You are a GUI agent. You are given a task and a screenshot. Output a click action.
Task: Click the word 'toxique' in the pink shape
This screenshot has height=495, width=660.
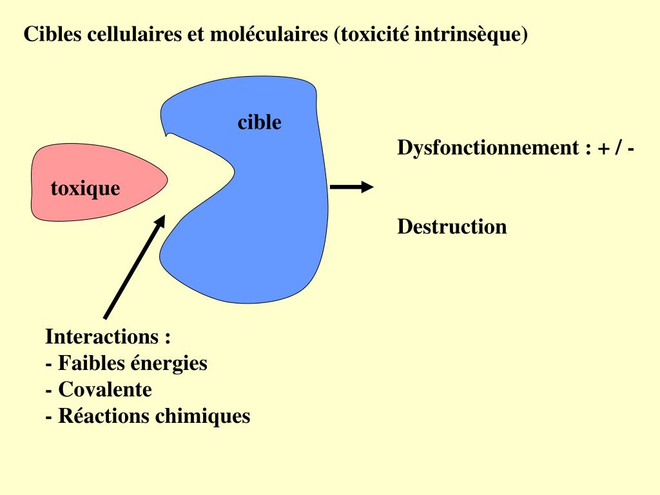point(85,189)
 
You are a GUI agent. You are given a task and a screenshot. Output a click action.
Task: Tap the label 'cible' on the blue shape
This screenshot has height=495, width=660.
point(259,122)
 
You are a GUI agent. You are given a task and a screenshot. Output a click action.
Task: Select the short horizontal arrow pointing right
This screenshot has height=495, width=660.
point(351,188)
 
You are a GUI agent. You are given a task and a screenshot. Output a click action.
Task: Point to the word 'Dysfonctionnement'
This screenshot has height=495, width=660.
point(488,148)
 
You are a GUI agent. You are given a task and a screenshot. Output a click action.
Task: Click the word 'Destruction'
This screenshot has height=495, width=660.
point(452,226)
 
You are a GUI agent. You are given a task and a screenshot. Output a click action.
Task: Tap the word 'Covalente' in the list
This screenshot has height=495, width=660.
point(105,389)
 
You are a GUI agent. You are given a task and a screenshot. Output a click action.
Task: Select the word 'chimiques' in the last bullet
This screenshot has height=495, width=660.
point(202,416)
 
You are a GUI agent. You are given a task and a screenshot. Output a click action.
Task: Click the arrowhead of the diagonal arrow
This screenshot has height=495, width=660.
point(162,220)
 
